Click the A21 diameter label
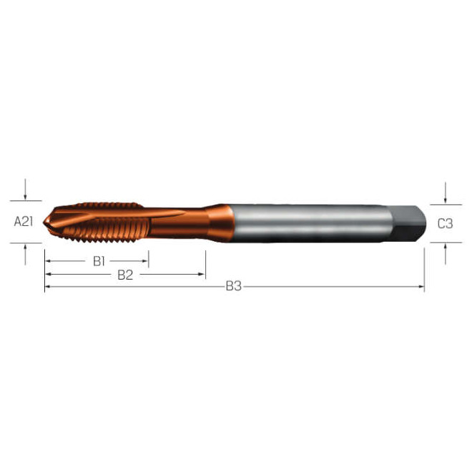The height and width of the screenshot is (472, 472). tap(24, 222)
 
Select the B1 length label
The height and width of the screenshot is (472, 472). tap(99, 261)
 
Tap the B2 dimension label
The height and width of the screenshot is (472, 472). tap(125, 275)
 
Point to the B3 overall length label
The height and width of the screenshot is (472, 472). tap(234, 287)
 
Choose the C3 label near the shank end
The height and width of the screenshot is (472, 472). tap(445, 223)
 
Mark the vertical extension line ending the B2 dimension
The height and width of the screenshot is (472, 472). tap(205, 265)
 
